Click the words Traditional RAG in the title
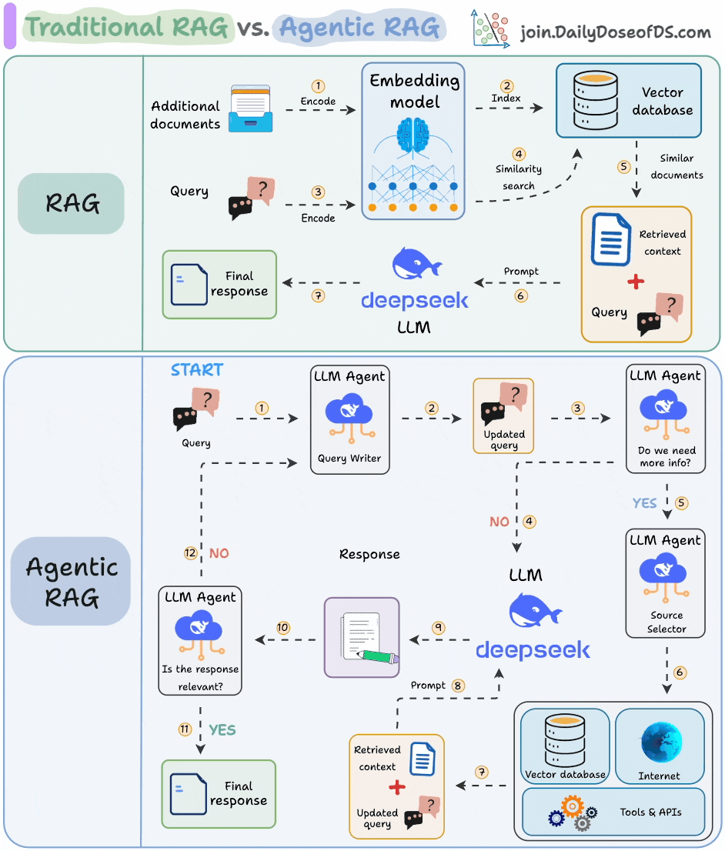click(127, 27)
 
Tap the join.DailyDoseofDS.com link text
click(615, 32)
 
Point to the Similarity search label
click(519, 177)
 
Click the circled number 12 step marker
click(191, 553)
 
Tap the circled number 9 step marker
click(438, 627)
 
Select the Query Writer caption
click(349, 459)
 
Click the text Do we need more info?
click(667, 457)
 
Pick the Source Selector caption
click(667, 622)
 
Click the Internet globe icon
click(660, 742)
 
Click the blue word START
click(197, 370)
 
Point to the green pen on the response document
click(377, 656)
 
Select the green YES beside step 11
click(222, 729)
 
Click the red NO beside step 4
click(499, 522)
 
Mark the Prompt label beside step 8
click(428, 685)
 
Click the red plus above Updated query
click(396, 787)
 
